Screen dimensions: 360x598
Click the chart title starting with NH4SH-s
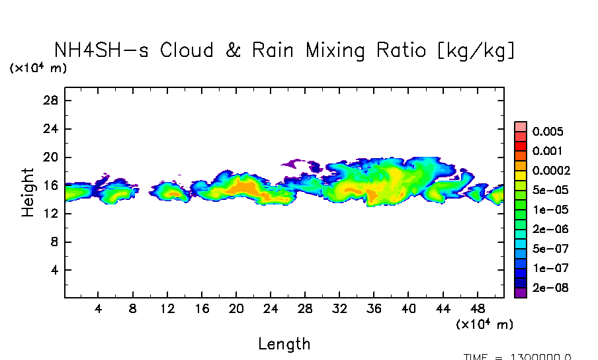click(284, 50)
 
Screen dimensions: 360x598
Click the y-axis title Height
click(28, 193)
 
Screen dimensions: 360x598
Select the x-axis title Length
click(284, 344)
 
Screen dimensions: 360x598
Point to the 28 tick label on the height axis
click(52, 101)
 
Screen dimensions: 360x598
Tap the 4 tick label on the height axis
click(56, 270)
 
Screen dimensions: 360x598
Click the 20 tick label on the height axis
click(52, 157)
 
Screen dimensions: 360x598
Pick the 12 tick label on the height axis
click(52, 214)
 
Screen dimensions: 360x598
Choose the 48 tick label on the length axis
click(479, 309)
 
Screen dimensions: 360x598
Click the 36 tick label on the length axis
click(374, 309)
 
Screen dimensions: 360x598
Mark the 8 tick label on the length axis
click(133, 309)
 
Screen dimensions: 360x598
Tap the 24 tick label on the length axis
click(271, 309)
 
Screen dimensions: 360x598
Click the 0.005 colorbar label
click(547, 131)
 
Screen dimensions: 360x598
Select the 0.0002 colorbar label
click(551, 170)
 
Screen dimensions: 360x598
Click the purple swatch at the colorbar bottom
click(520, 292)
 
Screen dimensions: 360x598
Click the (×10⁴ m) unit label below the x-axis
click(484, 325)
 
